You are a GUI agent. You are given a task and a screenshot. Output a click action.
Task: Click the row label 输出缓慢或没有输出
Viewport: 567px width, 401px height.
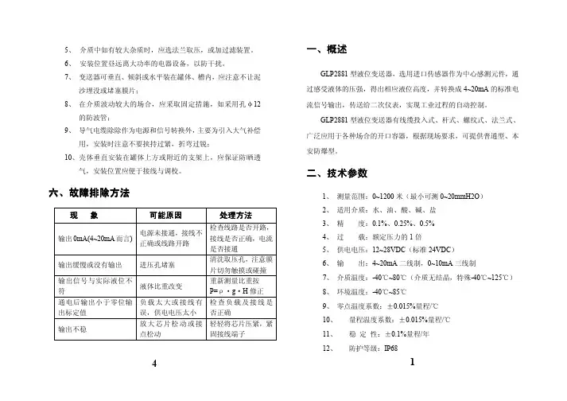(89, 263)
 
